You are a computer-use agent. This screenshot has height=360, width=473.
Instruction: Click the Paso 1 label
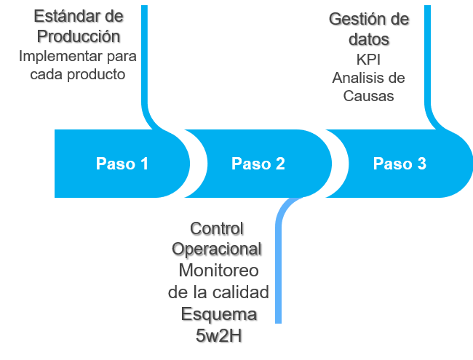[122, 164]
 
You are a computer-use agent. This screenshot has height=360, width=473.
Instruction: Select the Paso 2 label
[258, 164]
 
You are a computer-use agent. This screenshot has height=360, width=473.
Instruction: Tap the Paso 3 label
[400, 164]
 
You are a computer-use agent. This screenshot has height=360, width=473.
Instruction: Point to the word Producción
[79, 36]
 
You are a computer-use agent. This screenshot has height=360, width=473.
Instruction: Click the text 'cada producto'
[78, 75]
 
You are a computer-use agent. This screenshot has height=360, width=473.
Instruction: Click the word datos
[368, 39]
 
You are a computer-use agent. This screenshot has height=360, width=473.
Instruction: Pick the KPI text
[368, 59]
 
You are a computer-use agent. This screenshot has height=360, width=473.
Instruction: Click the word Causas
[368, 96]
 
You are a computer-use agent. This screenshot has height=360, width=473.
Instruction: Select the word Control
[216, 228]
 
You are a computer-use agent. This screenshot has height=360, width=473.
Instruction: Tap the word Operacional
[216, 249]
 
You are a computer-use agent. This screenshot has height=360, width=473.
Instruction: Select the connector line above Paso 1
[144, 58]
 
